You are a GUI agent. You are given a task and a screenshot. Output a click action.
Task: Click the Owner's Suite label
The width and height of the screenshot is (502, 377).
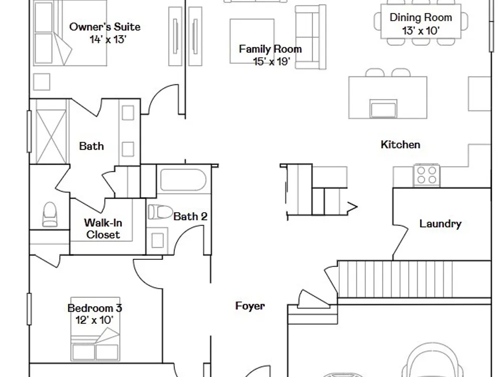[x=105, y=27]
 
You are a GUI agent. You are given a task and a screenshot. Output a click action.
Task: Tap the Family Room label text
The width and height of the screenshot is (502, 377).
[x=271, y=49]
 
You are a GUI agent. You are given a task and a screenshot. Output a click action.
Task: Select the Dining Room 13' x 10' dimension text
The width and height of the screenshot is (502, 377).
[x=421, y=31]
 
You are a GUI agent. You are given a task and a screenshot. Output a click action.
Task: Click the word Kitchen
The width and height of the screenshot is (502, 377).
[x=401, y=145]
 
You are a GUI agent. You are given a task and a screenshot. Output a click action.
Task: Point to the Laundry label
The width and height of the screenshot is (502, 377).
[x=441, y=224]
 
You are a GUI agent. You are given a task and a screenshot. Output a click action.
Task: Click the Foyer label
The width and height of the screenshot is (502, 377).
[x=250, y=306]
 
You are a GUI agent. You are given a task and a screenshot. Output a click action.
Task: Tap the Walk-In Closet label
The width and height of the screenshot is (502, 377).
[x=103, y=229]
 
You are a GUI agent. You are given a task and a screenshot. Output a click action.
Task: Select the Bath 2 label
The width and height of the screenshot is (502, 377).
[x=190, y=216]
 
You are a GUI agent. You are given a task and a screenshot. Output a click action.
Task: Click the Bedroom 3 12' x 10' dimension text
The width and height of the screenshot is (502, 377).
[x=94, y=320]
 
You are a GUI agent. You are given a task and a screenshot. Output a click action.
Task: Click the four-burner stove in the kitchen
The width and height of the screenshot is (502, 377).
[x=427, y=175]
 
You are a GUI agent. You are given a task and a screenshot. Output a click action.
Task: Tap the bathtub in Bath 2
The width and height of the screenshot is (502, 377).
[x=183, y=179]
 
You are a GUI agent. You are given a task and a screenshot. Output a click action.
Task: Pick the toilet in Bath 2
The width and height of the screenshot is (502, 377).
[x=160, y=212]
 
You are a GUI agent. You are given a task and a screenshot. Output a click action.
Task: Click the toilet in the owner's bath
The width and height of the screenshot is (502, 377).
[x=50, y=214]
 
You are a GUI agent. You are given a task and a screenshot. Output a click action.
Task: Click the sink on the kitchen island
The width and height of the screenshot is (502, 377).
[x=383, y=109]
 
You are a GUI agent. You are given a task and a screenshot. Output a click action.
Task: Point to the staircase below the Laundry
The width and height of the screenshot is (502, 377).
[x=414, y=279]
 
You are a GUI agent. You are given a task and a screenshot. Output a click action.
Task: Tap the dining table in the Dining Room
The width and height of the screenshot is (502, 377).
[x=421, y=22]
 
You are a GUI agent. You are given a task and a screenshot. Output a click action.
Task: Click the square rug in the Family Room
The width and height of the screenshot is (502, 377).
[x=252, y=41]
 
